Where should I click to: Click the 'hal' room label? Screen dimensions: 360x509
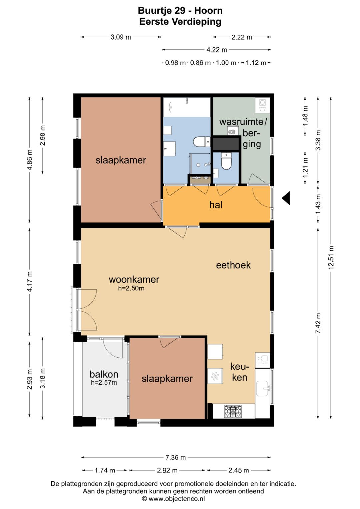pos(216,205)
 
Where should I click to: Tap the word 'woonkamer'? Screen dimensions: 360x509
pos(134,279)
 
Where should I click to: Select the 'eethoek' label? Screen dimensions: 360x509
pos(233,265)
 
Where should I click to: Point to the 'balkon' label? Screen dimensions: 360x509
pos(104,374)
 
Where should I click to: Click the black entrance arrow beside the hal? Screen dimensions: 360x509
pos(286,198)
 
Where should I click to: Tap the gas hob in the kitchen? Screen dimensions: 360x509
pos(233,412)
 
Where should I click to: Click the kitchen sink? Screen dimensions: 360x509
pos(263,389)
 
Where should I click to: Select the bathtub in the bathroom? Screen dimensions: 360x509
pos(187,107)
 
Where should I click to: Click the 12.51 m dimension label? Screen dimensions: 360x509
pos(331,257)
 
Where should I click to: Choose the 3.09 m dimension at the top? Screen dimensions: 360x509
pos(121,37)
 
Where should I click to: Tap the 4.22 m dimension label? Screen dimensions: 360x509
pos(217,50)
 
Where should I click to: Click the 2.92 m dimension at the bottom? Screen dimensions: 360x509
pos(167,470)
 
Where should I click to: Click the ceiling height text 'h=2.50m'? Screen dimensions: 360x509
pos(131,288)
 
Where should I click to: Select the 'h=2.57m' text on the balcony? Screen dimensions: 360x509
pos(104,383)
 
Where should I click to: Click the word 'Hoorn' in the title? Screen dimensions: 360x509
pos(208,11)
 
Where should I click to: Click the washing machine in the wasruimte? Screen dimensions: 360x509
pos(263,105)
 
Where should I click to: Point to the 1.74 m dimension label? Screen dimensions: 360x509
pos(105,470)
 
